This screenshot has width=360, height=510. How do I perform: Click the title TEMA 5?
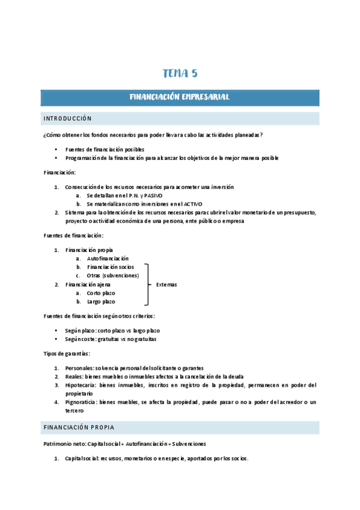pos(180,74)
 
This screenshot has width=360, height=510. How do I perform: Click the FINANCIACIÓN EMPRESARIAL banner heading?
pos(180,97)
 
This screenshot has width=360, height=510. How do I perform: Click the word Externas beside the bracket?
pos(166,284)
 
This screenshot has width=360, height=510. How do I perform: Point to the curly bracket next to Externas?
pos(147,284)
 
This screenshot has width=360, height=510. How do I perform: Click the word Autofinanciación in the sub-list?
pos(108,258)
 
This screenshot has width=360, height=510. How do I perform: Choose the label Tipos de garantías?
pos(67,354)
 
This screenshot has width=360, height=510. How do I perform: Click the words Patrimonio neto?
pos(64,444)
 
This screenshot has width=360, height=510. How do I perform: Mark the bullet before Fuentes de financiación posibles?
pos(56,149)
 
